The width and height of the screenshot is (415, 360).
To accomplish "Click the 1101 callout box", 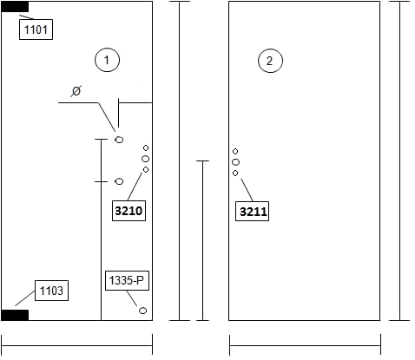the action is coord(36,29).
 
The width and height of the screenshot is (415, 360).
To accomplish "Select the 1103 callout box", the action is coord(51,291).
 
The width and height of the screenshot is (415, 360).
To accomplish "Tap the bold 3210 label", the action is coord(128,211).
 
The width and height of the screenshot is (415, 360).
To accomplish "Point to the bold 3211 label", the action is coord(252,212).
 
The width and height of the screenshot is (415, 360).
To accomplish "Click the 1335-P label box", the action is coord(127,280).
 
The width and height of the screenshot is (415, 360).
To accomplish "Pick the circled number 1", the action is coord(107,60).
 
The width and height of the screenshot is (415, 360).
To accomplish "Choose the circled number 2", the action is coord(270,61).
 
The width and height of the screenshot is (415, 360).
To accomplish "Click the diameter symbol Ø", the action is coord(76,91).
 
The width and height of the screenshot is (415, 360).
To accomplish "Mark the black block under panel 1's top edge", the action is coord(15,7).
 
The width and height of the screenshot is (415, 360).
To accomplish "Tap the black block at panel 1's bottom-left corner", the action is coord(15,315).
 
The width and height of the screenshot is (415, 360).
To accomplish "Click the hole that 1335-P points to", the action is coord(142,311).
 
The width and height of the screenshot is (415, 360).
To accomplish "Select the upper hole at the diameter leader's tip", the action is coord(119,140).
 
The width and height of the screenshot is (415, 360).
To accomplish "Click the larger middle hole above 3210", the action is coord(146,159).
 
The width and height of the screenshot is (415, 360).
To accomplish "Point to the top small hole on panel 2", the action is coord(235,151).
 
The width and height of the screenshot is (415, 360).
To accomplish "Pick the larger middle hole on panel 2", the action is coord(236,162).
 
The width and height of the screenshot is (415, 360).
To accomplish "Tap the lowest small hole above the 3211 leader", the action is coord(235,173).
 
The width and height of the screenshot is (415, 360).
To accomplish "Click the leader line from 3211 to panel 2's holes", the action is coord(247,190).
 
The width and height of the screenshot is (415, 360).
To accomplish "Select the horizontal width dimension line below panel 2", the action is coord(305,345).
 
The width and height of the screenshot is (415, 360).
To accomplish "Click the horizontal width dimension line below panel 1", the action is coord(77,345).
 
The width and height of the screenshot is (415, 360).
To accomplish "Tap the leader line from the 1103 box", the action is coord(25,298).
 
